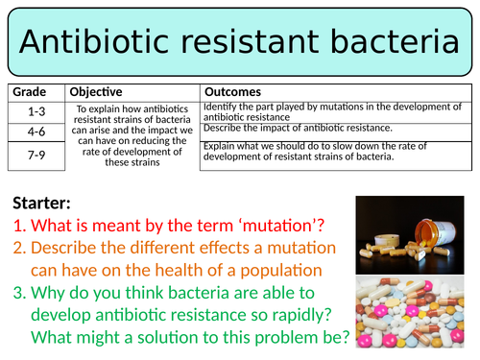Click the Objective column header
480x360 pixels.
click(x=96, y=91)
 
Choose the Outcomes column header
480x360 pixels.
click(x=234, y=91)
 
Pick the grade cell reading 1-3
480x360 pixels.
click(x=36, y=110)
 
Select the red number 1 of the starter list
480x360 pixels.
click(x=19, y=227)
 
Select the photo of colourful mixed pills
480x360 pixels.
click(x=415, y=314)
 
